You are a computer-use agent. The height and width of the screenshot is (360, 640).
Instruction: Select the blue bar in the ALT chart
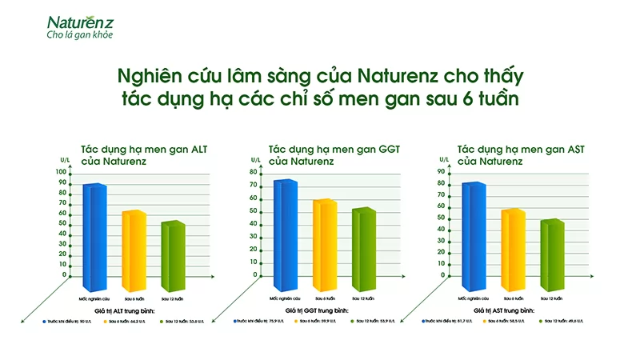(94, 236)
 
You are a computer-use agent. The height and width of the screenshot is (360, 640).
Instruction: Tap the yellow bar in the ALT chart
(134, 250)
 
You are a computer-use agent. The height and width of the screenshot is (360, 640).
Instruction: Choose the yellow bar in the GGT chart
(324, 244)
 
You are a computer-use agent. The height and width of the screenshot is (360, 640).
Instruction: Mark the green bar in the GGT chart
(363, 248)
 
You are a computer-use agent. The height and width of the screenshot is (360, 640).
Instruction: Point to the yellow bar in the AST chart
(512, 249)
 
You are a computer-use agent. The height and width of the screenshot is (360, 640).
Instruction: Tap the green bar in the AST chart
(551, 254)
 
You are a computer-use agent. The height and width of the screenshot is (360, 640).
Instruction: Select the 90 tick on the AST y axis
(442, 170)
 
